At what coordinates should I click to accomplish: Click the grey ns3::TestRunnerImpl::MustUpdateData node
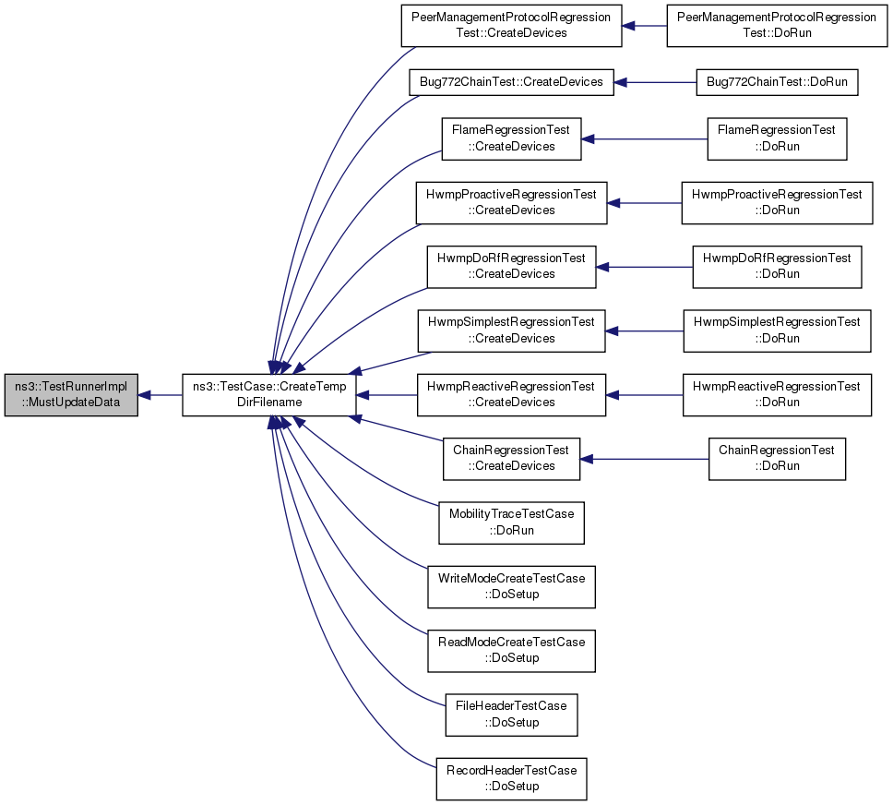click(x=71, y=395)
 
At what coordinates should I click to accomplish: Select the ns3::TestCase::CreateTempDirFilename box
click(x=268, y=395)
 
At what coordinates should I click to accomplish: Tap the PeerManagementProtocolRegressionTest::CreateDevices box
click(x=511, y=26)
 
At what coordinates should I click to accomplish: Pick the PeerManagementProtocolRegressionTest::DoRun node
click(x=777, y=26)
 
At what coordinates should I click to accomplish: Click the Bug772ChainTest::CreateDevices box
click(x=511, y=83)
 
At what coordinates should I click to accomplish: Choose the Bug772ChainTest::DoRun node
click(x=777, y=83)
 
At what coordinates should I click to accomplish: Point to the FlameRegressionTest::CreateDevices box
click(x=511, y=139)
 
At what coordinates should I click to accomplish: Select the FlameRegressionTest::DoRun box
click(x=777, y=139)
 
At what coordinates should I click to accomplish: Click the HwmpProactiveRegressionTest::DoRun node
click(x=777, y=203)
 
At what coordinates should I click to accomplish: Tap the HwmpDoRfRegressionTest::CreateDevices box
click(x=511, y=267)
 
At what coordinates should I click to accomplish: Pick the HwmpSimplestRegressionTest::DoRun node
click(x=777, y=331)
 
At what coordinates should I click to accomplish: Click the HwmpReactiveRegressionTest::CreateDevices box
click(x=511, y=395)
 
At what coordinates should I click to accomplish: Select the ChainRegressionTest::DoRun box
click(x=777, y=459)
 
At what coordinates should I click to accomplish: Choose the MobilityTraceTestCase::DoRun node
click(x=511, y=523)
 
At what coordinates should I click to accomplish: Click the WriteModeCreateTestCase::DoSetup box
click(x=511, y=587)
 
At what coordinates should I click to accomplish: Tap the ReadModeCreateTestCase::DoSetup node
click(x=511, y=651)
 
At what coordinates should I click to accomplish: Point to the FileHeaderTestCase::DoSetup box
click(x=511, y=715)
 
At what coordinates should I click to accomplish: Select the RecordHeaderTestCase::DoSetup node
click(x=511, y=779)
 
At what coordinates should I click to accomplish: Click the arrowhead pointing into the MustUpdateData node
click(x=144, y=395)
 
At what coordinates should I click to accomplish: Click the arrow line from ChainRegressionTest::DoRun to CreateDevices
click(x=644, y=459)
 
